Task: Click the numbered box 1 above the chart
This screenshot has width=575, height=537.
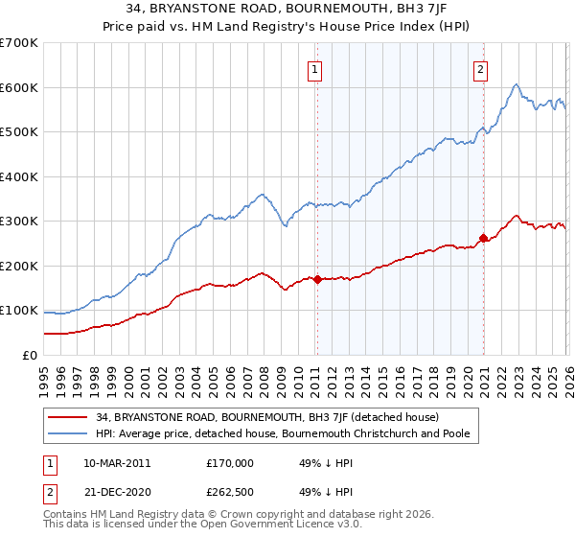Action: (x=314, y=68)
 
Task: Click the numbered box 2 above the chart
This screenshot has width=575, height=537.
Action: (x=479, y=68)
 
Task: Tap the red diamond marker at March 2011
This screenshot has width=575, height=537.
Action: (x=317, y=279)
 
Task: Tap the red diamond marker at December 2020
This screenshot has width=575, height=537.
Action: (x=484, y=238)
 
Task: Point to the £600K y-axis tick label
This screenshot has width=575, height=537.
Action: (x=19, y=87)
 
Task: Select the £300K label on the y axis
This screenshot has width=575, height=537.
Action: (x=19, y=222)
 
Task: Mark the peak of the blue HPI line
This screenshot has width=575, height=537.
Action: (x=516, y=85)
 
